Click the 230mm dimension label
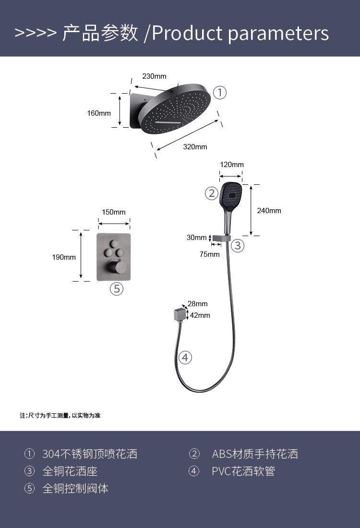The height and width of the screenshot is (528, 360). (154, 76)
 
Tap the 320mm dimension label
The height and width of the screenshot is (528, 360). (195, 147)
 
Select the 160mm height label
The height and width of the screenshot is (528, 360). (98, 113)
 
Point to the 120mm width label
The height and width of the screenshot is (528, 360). (232, 165)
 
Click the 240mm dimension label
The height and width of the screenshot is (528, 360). (269, 211)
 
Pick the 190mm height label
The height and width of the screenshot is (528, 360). (64, 257)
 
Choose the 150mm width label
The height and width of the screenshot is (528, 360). (114, 212)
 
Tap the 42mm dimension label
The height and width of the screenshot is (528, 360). (200, 315)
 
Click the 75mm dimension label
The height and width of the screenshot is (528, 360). (209, 254)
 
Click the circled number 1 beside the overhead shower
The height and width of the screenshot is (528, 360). (219, 92)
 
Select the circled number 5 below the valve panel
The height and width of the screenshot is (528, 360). (117, 288)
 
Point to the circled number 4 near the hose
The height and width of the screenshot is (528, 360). (185, 357)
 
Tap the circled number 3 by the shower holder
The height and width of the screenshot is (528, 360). (238, 246)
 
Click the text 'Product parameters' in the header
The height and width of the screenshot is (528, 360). (240, 33)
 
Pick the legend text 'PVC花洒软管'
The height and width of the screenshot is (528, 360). (243, 471)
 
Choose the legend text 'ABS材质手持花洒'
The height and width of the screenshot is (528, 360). (255, 454)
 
